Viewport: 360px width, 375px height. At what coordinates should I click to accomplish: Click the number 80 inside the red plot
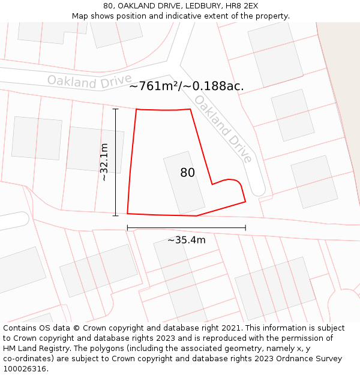(x=187, y=173)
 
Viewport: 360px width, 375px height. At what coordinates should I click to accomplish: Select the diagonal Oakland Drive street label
(x=223, y=129)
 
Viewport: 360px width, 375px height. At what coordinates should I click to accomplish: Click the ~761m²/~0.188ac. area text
(x=186, y=86)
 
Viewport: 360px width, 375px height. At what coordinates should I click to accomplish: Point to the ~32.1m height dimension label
(x=104, y=162)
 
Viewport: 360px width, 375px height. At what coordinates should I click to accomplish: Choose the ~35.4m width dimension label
(x=186, y=240)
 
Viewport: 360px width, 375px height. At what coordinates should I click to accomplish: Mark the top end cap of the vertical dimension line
(x=115, y=109)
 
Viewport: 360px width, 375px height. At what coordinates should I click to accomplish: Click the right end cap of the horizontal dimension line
(x=245, y=228)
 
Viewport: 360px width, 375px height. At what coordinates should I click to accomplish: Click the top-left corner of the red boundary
(x=136, y=109)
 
